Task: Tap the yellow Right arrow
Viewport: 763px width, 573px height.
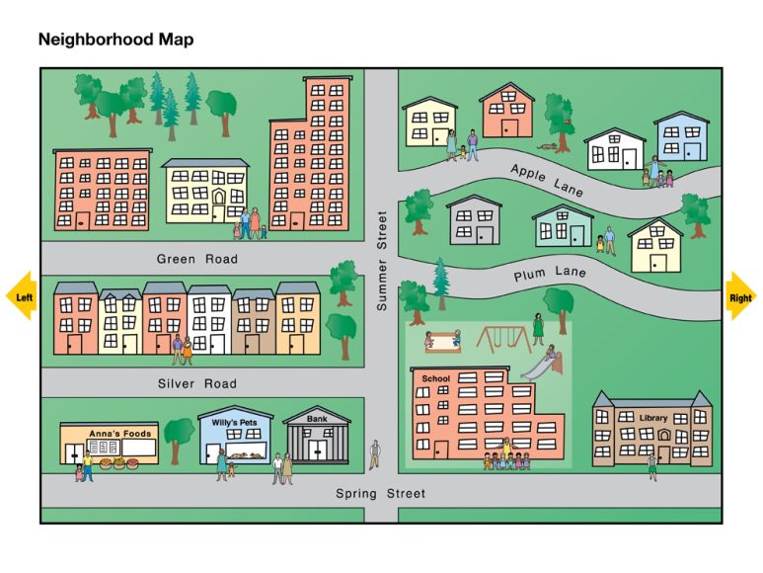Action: coord(740,296)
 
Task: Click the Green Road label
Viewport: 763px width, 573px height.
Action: coord(197,260)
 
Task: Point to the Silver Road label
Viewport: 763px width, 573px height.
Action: coord(197,383)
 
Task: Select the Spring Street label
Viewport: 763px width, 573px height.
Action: coord(380,493)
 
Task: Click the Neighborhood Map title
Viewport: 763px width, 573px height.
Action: coord(115,40)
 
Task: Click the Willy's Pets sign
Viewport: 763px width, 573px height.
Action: coord(234,423)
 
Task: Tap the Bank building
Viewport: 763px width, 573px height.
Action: coord(317,438)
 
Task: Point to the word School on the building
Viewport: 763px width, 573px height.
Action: coord(435,378)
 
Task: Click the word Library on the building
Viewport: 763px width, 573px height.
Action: coord(652,418)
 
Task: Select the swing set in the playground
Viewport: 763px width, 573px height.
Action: coord(503,339)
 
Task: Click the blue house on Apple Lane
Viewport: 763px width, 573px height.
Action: coord(681,137)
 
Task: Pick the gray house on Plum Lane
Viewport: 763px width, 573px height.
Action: coord(475,220)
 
